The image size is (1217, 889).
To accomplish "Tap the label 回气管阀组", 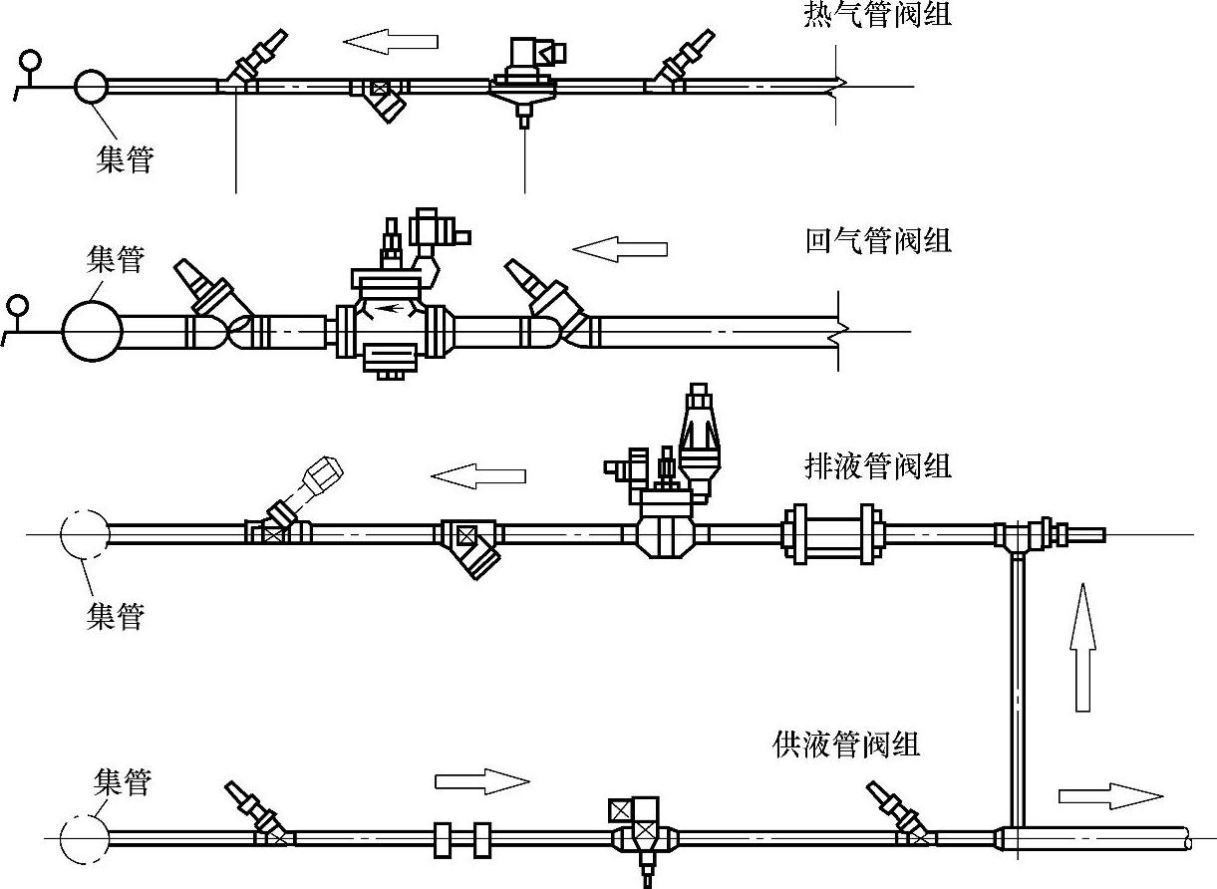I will [x=877, y=241].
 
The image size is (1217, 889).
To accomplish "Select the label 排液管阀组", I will [x=877, y=465].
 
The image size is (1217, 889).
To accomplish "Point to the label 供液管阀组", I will [x=845, y=743].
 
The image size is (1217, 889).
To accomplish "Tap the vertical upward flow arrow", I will [x=1083, y=648].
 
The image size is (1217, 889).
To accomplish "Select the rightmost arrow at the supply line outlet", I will [x=1109, y=795].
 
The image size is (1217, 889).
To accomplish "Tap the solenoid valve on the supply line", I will [x=638, y=832].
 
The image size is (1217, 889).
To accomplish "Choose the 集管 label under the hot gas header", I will [x=124, y=158].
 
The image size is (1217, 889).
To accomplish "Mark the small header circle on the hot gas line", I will [x=91, y=86].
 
